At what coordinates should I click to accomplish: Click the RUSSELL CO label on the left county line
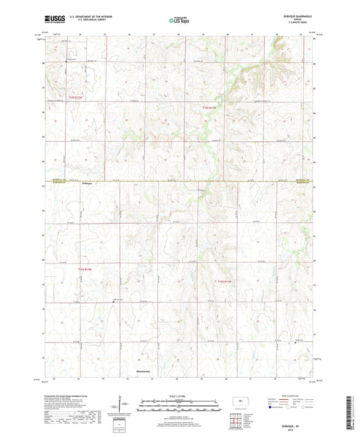point(57,180)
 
